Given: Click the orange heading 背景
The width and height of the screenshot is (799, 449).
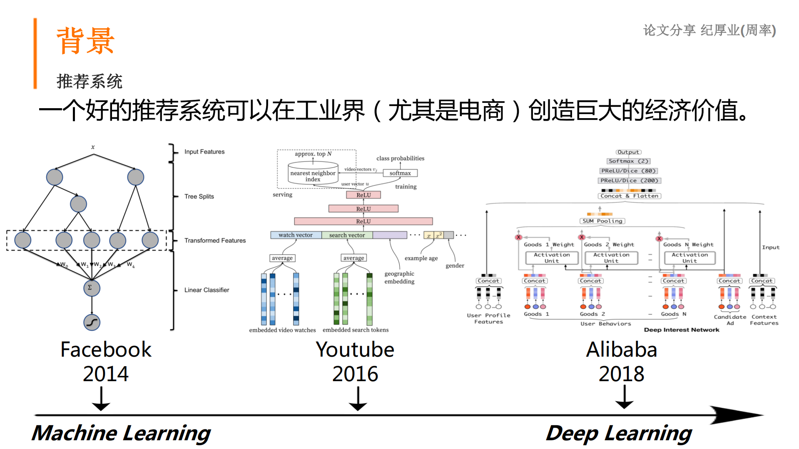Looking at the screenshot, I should (85, 41).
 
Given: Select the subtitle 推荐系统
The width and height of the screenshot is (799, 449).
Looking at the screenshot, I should (89, 81).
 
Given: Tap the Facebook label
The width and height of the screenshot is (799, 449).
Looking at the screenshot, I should (106, 349).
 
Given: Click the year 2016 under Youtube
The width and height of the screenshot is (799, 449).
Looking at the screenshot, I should (355, 374).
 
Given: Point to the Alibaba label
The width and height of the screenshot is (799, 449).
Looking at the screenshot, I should (621, 349).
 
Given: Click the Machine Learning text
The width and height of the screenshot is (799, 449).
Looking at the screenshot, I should (121, 433).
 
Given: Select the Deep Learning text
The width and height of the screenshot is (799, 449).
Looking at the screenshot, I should (618, 433).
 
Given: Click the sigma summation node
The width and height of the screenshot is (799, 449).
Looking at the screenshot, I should (91, 288).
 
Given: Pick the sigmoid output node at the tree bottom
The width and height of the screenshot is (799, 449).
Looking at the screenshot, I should (92, 322).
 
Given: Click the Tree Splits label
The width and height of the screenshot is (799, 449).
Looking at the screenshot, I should (199, 196).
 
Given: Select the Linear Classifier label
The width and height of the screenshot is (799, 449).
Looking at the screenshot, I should (207, 290).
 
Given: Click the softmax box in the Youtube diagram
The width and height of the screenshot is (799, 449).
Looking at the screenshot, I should (400, 173).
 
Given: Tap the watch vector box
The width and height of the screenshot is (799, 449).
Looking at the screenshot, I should (295, 235).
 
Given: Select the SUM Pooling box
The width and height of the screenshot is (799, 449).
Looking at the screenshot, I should (602, 221).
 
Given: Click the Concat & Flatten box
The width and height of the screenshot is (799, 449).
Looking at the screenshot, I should (629, 196).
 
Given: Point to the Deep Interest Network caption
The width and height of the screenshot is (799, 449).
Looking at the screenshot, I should (681, 330).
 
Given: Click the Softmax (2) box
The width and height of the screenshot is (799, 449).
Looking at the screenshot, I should (628, 161).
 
